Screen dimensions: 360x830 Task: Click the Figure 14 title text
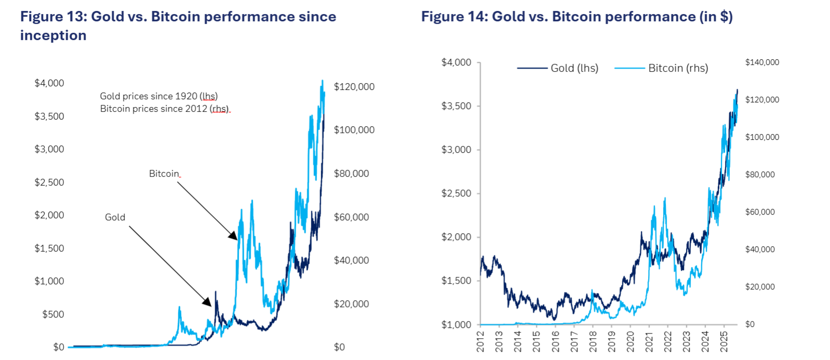pos(576,17)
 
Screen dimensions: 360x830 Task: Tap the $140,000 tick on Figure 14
pos(762,62)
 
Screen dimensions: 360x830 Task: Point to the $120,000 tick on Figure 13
pos(354,87)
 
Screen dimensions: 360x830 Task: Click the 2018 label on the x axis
pos(592,341)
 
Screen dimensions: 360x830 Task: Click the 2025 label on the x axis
pos(724,341)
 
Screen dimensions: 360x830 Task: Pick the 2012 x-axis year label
pos(480,341)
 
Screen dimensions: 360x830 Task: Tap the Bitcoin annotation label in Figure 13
pos(164,174)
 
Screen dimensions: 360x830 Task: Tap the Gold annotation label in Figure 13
pos(115,217)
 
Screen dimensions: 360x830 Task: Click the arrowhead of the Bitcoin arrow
pos(234,236)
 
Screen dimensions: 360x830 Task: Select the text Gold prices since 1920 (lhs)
pos(159,96)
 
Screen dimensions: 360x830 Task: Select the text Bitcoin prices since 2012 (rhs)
pos(164,109)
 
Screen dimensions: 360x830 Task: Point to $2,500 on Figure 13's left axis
pos(49,182)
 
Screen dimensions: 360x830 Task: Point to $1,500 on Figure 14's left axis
pos(456,281)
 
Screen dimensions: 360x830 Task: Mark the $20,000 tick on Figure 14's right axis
pos(760,287)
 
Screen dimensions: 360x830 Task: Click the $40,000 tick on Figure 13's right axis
pos(351,260)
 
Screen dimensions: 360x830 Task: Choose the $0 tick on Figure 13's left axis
pos(59,347)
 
